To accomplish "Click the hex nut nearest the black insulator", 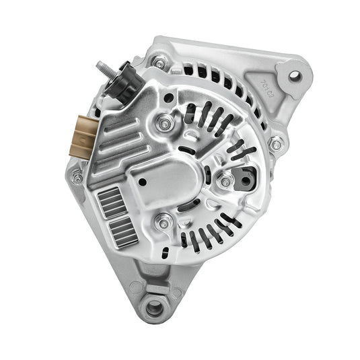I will click(x=163, y=122).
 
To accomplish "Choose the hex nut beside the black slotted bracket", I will click(x=225, y=180).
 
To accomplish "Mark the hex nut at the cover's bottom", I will click(x=161, y=222).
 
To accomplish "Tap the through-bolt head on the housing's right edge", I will click(x=275, y=143).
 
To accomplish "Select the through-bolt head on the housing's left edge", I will click(x=77, y=177).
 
